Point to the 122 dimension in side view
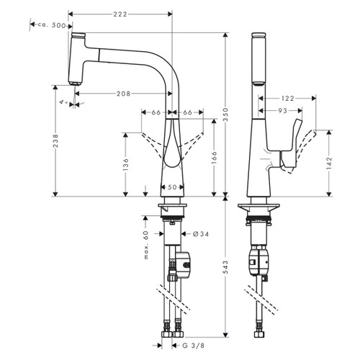pyautogui.click(x=287, y=98)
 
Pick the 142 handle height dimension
pyautogui.click(x=330, y=163)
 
